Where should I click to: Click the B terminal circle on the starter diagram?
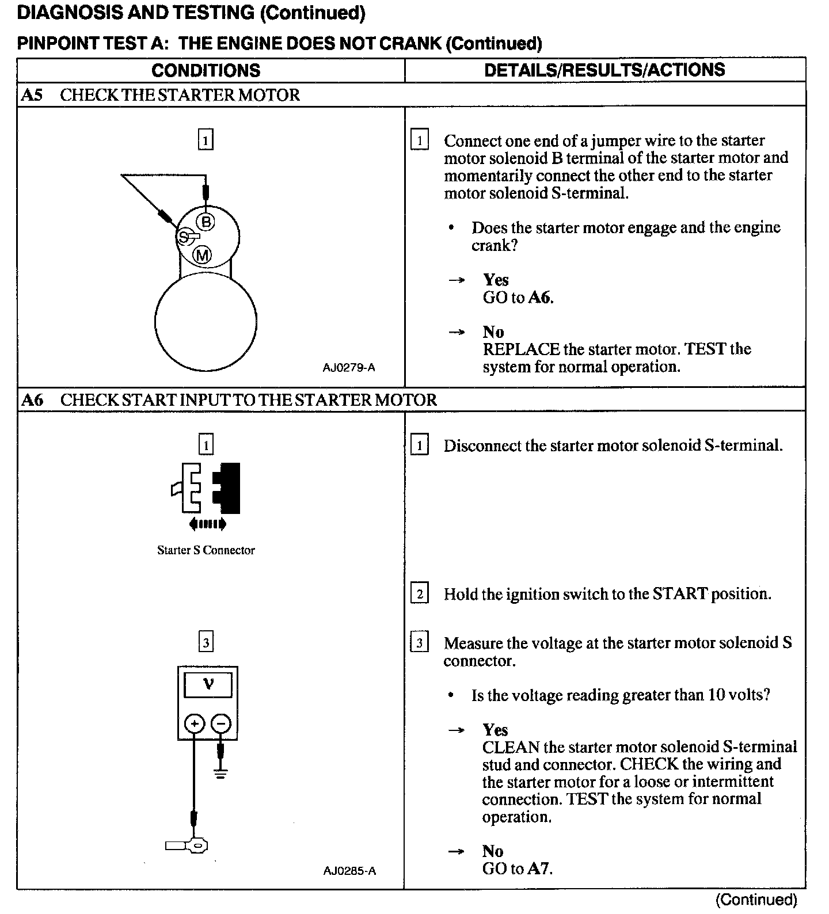pyautogui.click(x=206, y=222)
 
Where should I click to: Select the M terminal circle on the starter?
pyautogui.click(x=202, y=255)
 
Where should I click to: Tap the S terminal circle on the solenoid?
pyautogui.click(x=184, y=237)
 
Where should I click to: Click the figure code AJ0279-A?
pyautogui.click(x=349, y=367)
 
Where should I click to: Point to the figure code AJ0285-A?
pyautogui.click(x=349, y=871)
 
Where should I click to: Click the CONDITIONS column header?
pyautogui.click(x=206, y=70)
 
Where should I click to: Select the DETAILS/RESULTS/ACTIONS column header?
pyautogui.click(x=604, y=70)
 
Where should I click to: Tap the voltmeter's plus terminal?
pyautogui.click(x=195, y=723)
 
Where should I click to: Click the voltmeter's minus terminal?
pyautogui.click(x=221, y=723)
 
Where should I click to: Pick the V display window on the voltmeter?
pyautogui.click(x=208, y=685)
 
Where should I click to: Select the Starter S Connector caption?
pyautogui.click(x=206, y=550)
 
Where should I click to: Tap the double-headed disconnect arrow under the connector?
pyautogui.click(x=207, y=524)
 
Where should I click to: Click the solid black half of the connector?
pyautogui.click(x=229, y=488)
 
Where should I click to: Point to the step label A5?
pyautogui.click(x=32, y=95)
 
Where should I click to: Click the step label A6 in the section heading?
pyautogui.click(x=32, y=400)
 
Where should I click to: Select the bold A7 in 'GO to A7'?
pyautogui.click(x=538, y=869)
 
